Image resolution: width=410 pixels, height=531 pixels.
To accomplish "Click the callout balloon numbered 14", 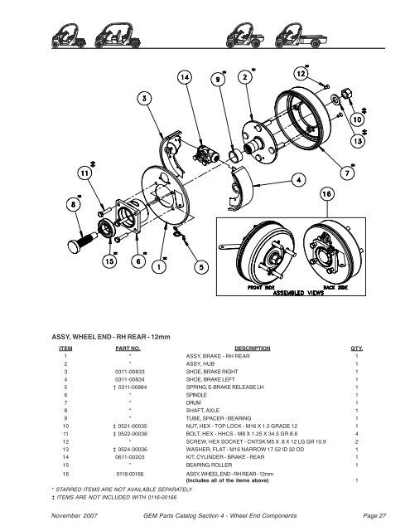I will point(184,77).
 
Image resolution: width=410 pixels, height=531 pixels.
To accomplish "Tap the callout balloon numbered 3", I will point(145,99).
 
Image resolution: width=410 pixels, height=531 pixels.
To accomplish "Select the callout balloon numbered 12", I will point(300,74).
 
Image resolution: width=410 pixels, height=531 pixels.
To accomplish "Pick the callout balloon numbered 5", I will point(202,266).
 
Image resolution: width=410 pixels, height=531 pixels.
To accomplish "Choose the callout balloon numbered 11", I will point(86,173).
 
